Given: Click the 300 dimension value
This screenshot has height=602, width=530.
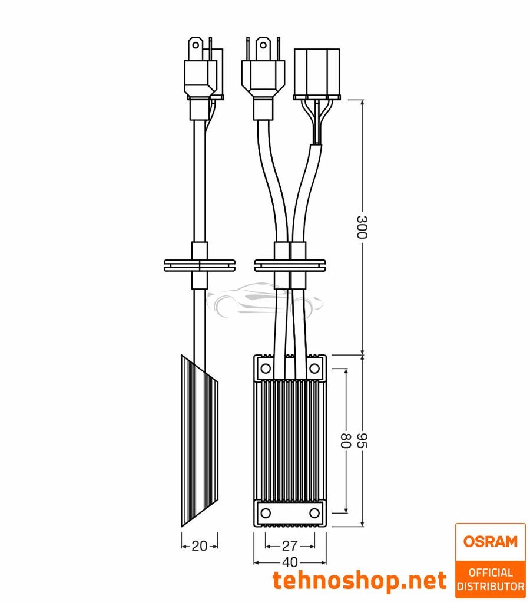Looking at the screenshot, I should pos(362,227).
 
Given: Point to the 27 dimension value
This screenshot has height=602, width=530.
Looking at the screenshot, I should pos(290,545).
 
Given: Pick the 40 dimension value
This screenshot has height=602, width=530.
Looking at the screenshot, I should pos(290,562).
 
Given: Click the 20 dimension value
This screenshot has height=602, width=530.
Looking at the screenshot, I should pos(200,546).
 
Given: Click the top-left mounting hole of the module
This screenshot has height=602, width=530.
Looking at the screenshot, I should pos(265,369).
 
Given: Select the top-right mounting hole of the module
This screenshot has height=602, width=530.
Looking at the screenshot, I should pos(314,369).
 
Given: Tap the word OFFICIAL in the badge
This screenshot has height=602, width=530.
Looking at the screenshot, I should pos(490,573).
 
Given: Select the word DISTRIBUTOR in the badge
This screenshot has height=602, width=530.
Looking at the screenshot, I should pos(490,587).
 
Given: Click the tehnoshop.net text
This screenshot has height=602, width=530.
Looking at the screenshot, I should pos(359,581).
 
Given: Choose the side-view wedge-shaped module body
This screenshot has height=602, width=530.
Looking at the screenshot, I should pos(199,442).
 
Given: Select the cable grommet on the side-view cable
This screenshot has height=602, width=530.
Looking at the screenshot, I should pos(199,265).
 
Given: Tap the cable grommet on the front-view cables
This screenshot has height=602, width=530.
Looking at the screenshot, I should pos(289,265).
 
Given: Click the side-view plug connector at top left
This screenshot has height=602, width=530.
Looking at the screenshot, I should pos(203,74).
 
